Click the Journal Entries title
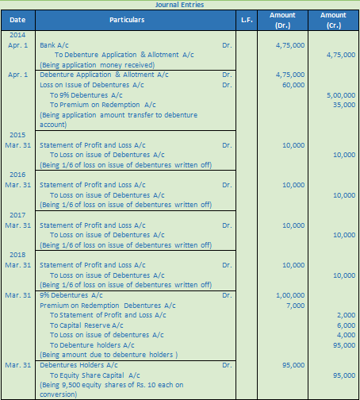[x=180, y=4]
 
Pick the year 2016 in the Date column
[x=17, y=175]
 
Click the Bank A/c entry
[x=57, y=46]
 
